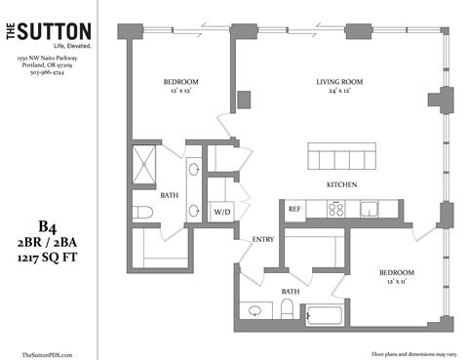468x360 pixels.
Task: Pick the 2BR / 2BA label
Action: point(51,240)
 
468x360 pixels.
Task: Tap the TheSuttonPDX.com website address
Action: point(46,353)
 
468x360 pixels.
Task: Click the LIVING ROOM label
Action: point(339,81)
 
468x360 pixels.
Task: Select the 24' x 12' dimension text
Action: point(339,92)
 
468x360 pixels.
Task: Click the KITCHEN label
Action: point(341,184)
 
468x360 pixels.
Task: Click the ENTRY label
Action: point(262,239)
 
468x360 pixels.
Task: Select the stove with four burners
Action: point(336,208)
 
